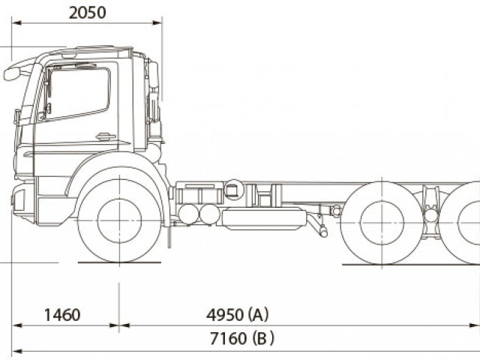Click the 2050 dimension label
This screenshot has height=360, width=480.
pyautogui.click(x=87, y=13)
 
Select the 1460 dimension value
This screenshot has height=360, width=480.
pyautogui.click(x=61, y=314)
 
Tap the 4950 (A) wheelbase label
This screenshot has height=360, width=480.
pyautogui.click(x=238, y=314)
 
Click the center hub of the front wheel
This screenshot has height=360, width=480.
pyautogui.click(x=119, y=220)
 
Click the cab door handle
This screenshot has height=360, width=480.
pyautogui.click(x=105, y=136)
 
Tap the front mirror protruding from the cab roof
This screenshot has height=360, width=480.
pyautogui.click(x=12, y=73)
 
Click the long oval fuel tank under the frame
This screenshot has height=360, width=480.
pyautogui.click(x=264, y=219)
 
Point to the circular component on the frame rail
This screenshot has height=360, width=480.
pyautogui.click(x=234, y=190)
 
